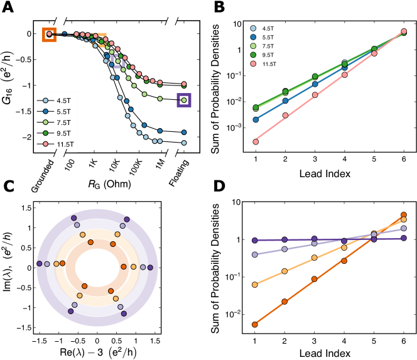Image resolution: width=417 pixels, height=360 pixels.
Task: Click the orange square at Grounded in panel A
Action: [x=49, y=35]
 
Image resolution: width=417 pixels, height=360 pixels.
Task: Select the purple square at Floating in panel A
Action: [x=184, y=100]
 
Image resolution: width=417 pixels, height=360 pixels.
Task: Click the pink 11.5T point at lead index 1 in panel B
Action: [x=256, y=141]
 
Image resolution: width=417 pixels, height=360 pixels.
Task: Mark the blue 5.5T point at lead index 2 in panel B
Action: [x=286, y=101]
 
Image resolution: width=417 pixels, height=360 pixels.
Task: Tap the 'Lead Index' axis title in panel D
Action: [x=330, y=354]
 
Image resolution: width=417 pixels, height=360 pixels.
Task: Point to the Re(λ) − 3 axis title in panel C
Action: [x=95, y=353]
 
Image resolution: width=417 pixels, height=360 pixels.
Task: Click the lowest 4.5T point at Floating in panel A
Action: [x=184, y=143]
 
